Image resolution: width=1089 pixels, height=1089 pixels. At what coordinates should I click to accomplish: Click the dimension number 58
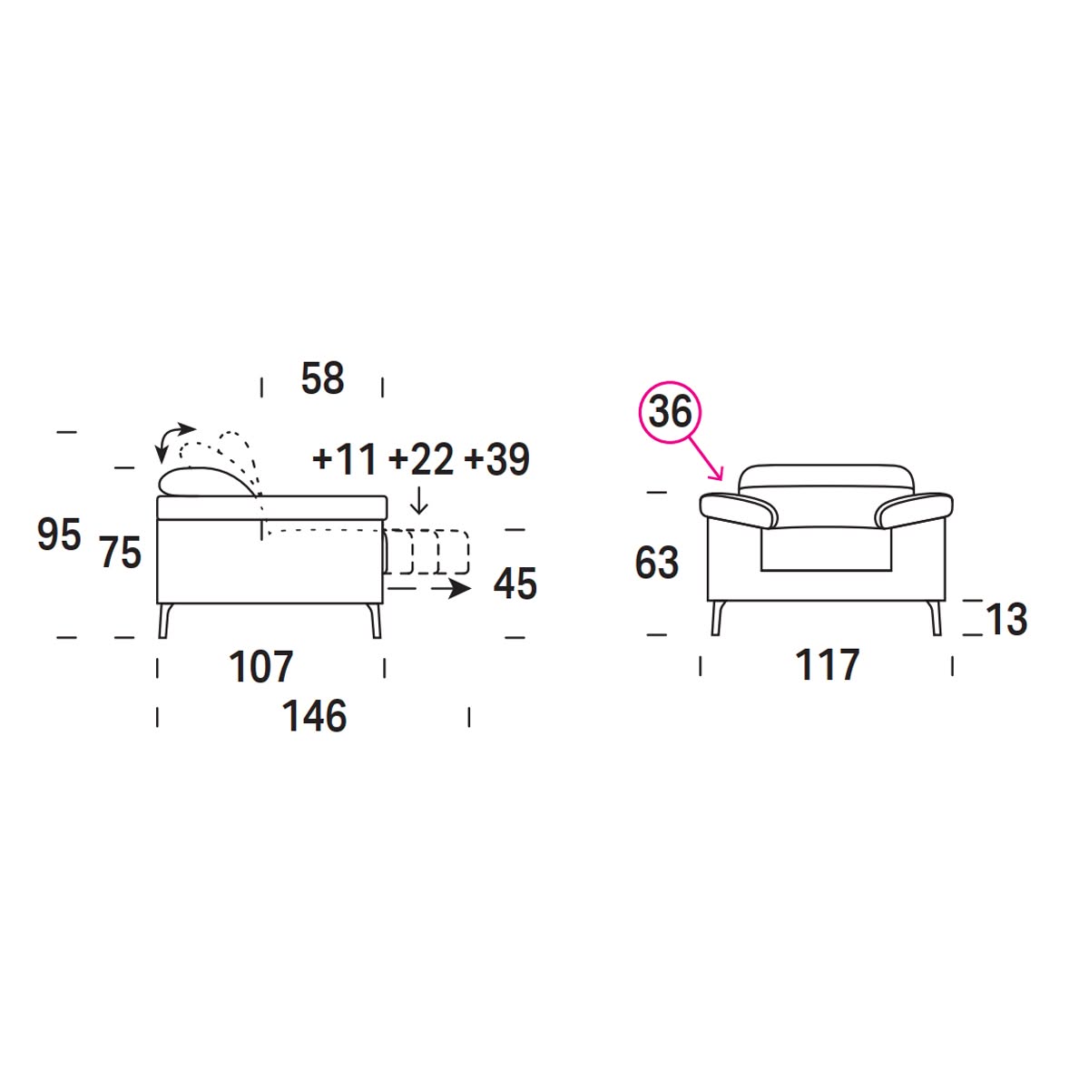[x=322, y=378]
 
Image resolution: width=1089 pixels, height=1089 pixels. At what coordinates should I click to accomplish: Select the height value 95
[x=59, y=534]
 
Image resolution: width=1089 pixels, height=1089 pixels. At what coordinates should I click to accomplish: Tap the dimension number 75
[x=121, y=552]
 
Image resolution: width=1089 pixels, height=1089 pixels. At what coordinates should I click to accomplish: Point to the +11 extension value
[x=344, y=459]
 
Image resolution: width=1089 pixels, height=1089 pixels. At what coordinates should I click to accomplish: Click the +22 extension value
[x=421, y=459]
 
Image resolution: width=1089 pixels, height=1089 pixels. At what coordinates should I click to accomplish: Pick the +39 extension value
[x=496, y=459]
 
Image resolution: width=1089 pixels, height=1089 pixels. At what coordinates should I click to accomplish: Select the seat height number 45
[x=515, y=584]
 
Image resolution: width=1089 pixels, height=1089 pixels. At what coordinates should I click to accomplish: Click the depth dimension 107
[x=261, y=667]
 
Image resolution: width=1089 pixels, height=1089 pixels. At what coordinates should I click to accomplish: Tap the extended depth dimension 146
[x=314, y=716]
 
